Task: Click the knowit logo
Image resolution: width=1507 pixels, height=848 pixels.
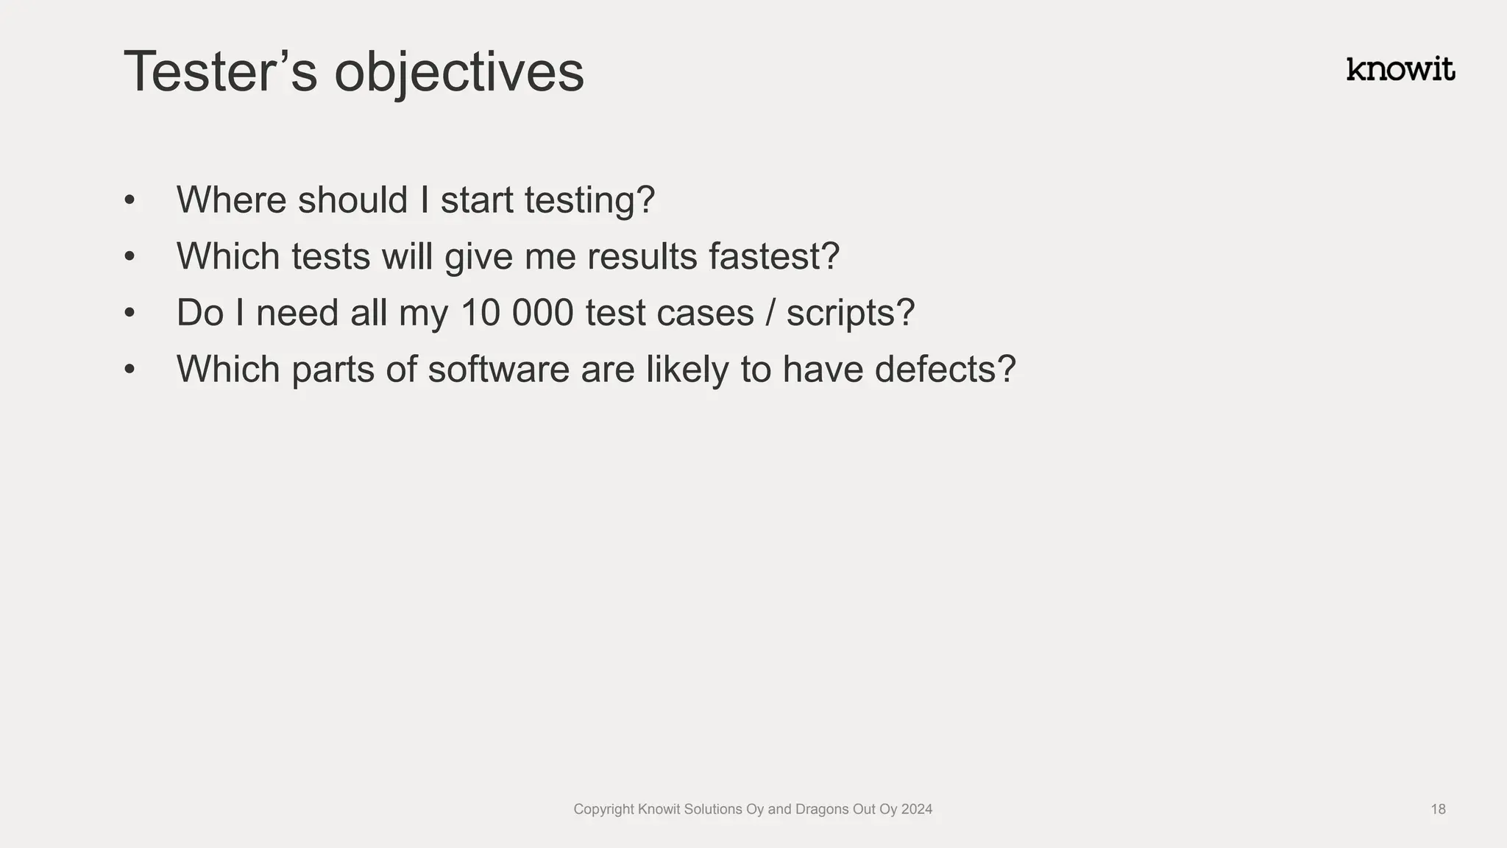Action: [1400, 69]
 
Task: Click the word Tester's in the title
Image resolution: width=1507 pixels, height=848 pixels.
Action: [220, 71]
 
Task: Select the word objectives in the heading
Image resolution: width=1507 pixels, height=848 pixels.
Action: [458, 74]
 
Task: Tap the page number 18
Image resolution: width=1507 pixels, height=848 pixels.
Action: [1438, 809]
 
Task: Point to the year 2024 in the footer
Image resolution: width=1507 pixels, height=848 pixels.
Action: [916, 809]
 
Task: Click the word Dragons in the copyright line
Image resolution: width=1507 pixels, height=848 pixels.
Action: [822, 809]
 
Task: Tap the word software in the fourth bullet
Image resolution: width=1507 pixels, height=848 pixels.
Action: [498, 369]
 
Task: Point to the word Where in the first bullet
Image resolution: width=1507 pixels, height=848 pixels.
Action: [231, 199]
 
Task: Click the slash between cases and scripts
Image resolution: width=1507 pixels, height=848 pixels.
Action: [770, 313]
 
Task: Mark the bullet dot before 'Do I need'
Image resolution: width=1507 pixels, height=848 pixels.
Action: [130, 312]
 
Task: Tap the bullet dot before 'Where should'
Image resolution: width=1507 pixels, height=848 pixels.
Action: [130, 199]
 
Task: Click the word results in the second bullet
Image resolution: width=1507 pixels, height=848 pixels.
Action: [642, 256]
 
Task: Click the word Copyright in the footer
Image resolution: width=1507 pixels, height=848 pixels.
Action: [603, 810]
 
